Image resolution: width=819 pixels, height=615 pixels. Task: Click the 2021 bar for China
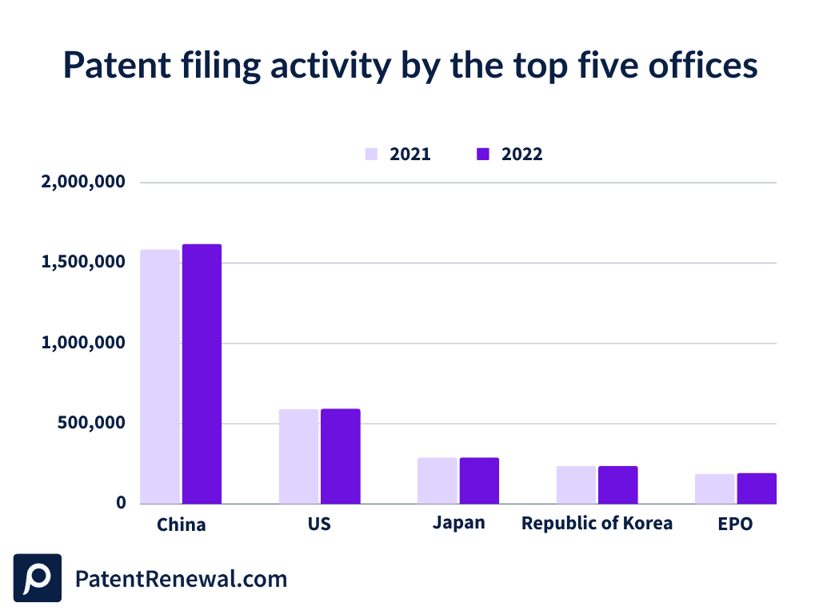click(x=160, y=376)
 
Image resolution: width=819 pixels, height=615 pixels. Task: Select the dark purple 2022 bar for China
click(x=202, y=374)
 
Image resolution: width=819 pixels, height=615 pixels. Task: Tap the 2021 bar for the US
click(x=298, y=456)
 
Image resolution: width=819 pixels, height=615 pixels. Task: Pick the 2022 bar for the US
click(x=341, y=456)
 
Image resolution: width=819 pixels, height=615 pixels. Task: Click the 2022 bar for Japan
click(x=479, y=480)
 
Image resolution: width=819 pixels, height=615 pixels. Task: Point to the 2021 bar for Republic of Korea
click(x=576, y=484)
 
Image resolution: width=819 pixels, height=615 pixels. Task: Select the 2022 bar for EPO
click(x=757, y=488)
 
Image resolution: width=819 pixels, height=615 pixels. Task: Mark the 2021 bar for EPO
click(x=714, y=488)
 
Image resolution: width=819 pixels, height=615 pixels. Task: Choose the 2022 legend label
click(x=521, y=155)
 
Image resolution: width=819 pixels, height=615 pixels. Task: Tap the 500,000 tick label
click(x=91, y=423)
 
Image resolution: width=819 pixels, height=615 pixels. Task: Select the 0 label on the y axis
click(x=121, y=503)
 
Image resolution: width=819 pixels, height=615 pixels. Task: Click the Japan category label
click(x=458, y=524)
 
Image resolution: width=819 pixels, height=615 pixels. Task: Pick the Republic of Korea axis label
click(x=597, y=524)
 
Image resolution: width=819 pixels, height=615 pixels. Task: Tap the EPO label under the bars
click(x=735, y=525)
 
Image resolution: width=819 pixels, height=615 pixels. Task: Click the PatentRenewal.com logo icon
click(x=38, y=577)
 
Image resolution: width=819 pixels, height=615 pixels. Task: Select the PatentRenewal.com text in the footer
click(x=181, y=578)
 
